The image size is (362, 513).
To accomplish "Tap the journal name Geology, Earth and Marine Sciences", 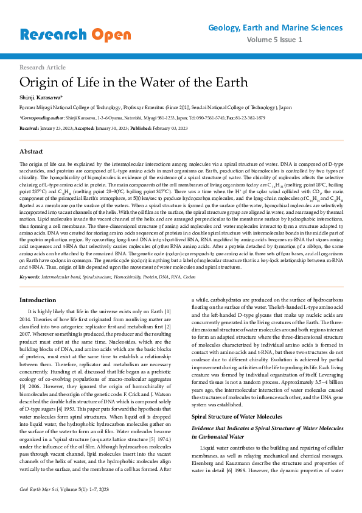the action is coord(275,28).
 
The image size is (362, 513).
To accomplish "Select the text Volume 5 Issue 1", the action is coord(274,40).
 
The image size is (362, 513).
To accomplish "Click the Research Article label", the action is coord(43,67).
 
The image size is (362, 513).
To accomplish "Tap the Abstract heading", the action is coord(32,150).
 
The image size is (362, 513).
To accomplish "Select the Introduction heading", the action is coord(38,300).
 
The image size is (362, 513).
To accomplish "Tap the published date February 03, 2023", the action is coord(166,128).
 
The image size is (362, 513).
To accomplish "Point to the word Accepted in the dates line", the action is coord(86,128).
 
